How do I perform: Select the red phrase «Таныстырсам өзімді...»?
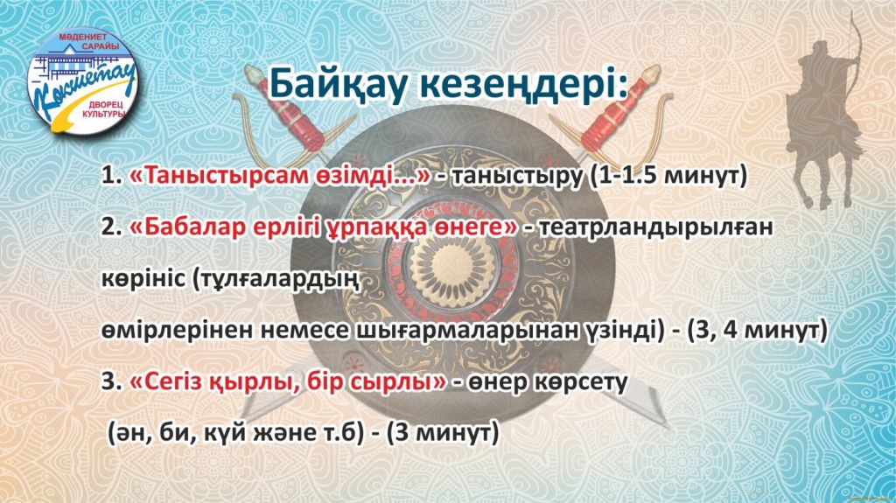pyautogui.click(x=280, y=176)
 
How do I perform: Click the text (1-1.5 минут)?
pyautogui.click(x=668, y=176)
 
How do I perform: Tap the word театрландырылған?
pyautogui.click(x=656, y=228)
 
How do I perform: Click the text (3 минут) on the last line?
pyautogui.click(x=443, y=433)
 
